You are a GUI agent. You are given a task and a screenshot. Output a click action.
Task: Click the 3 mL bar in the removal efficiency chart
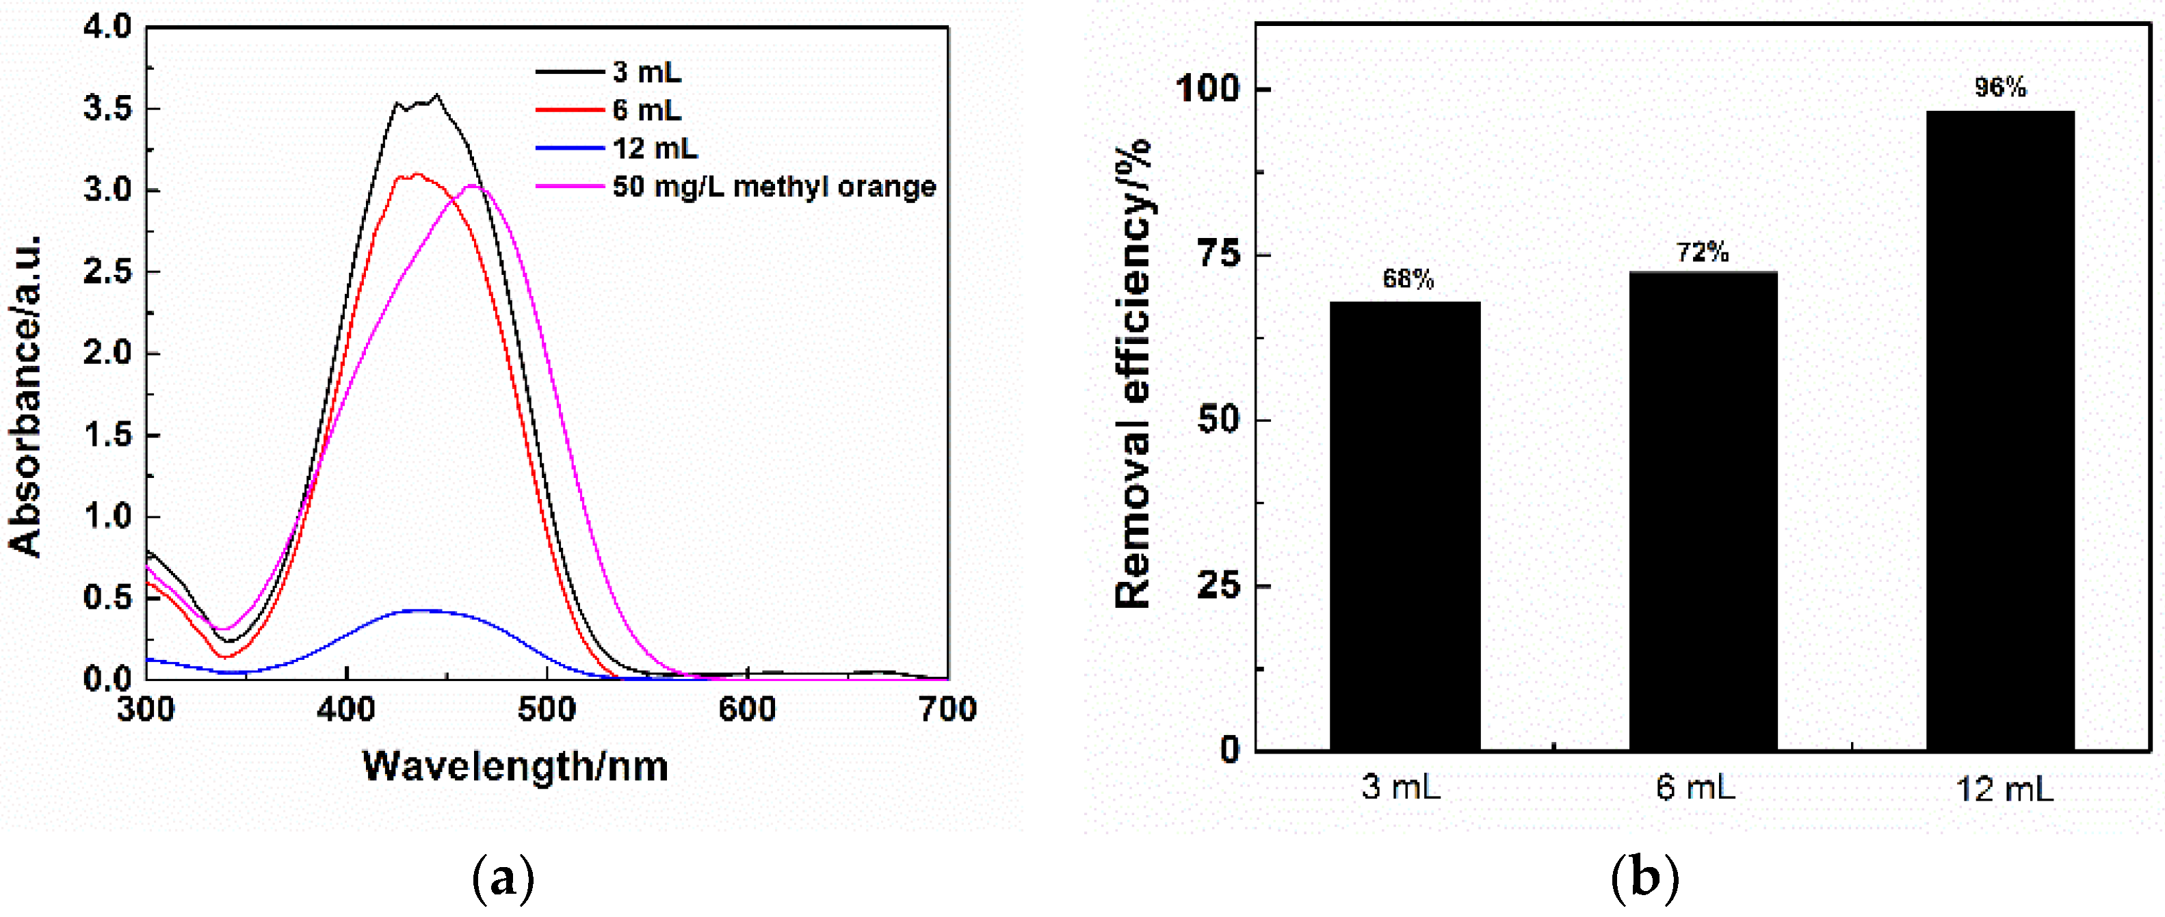(x=1404, y=525)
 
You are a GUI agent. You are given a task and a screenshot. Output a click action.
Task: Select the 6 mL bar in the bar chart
(x=1703, y=510)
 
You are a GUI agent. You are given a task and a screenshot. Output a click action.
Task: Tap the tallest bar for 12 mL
(x=2000, y=429)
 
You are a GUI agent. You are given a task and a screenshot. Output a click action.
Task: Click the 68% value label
(x=1408, y=279)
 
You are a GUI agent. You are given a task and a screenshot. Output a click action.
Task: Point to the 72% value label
(x=1703, y=252)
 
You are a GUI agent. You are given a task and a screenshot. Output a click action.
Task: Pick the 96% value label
(x=2000, y=87)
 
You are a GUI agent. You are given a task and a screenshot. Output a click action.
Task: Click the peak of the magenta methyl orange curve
(x=475, y=187)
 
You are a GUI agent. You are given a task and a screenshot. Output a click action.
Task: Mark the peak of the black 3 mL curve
(x=436, y=95)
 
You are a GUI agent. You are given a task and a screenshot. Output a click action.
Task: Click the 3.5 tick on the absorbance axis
(x=108, y=109)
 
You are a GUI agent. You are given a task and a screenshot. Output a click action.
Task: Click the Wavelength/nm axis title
(x=515, y=766)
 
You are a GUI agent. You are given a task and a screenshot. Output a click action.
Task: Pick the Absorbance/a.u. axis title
(x=25, y=395)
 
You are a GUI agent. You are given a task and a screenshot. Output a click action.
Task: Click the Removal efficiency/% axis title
(x=1132, y=374)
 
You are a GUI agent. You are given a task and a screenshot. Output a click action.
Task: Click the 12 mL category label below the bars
(x=2004, y=789)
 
